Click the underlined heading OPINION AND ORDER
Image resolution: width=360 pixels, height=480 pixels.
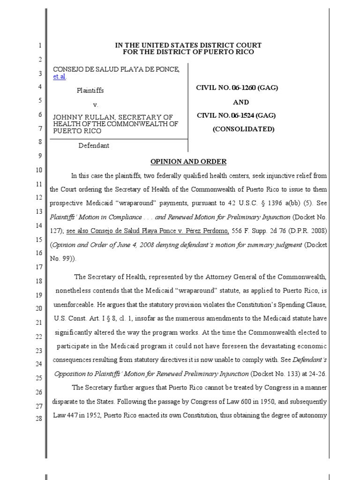[x=188, y=162]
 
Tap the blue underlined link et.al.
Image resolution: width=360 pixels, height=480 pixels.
[x=59, y=76]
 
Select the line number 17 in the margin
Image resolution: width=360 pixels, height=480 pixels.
[x=39, y=267]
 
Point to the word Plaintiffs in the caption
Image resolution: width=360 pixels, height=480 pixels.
[x=90, y=90]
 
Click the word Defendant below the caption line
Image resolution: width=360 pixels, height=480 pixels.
[x=94, y=145]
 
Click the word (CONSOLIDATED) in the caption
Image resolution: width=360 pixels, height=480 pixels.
[x=243, y=129]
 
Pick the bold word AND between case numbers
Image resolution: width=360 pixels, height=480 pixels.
[x=241, y=102]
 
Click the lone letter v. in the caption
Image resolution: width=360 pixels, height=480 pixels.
[x=96, y=105]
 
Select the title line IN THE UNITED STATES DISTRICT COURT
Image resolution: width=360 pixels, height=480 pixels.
[x=188, y=45]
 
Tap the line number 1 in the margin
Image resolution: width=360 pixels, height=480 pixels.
[x=40, y=46]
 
